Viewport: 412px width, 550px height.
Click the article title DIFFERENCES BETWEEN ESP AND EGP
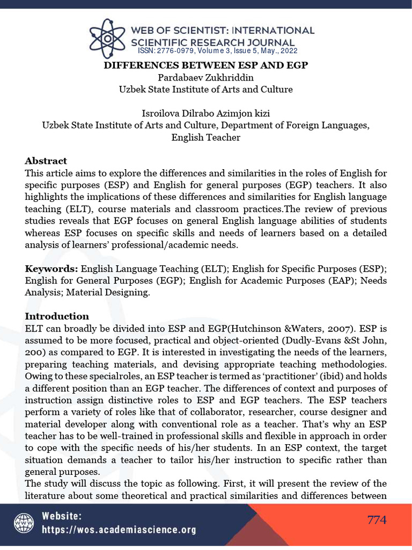(x=205, y=66)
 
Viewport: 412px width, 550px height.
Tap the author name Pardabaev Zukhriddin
(x=205, y=77)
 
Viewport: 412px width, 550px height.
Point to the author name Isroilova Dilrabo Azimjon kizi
(x=205, y=113)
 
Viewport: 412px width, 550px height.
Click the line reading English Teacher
(x=205, y=137)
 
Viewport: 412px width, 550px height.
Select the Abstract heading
(x=46, y=161)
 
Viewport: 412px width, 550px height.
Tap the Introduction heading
(x=57, y=316)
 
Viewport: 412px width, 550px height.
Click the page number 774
(x=377, y=520)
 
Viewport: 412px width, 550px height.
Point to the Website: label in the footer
(x=62, y=516)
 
